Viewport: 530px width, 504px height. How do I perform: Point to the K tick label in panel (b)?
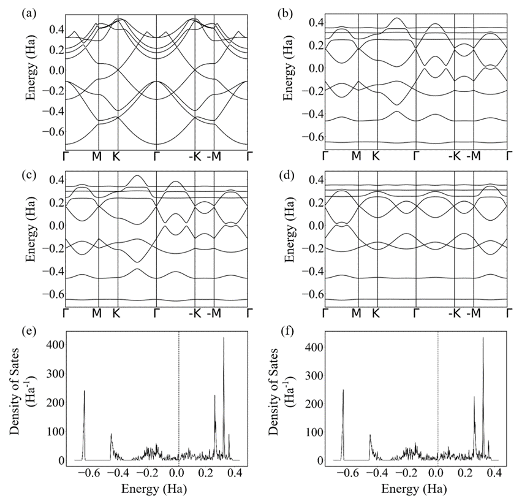pos(376,156)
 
